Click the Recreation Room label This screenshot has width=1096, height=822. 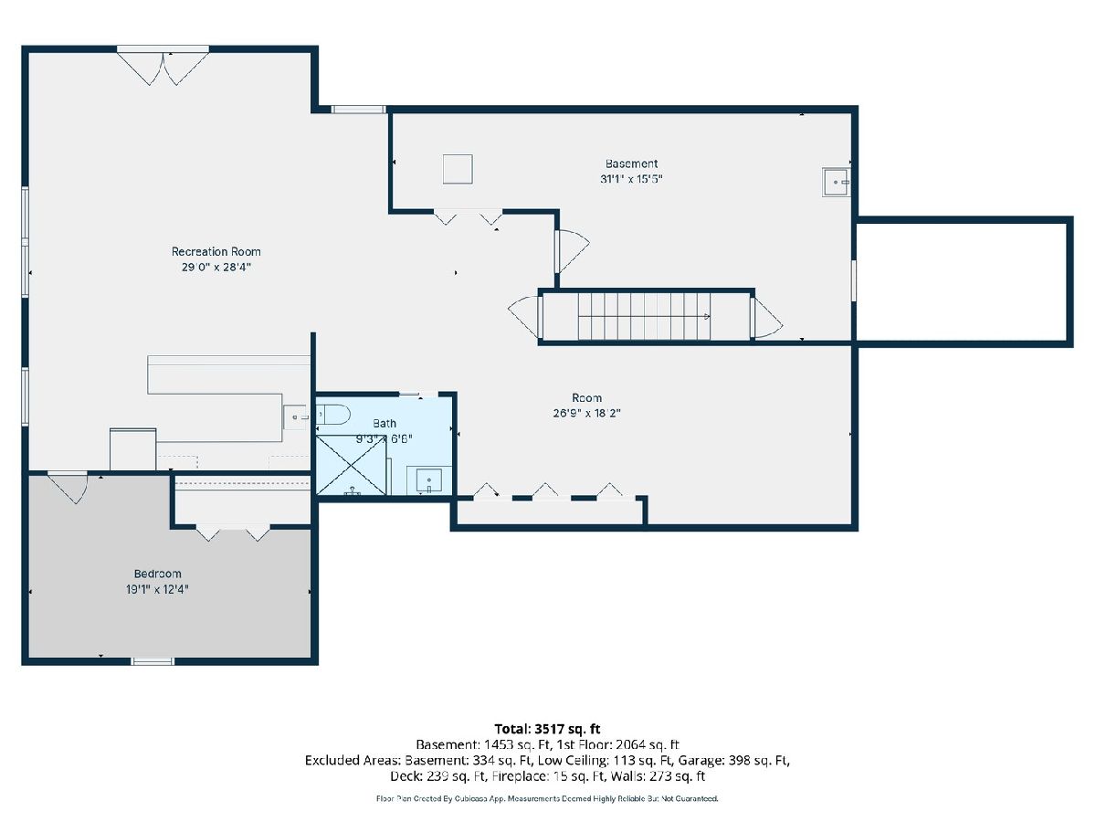(x=216, y=251)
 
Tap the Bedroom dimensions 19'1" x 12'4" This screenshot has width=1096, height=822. (x=157, y=589)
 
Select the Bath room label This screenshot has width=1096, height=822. (x=385, y=423)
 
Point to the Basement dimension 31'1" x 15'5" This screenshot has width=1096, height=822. (x=631, y=179)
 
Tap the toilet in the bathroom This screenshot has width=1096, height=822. (x=333, y=415)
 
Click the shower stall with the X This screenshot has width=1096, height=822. (x=351, y=465)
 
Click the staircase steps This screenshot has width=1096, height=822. (x=644, y=316)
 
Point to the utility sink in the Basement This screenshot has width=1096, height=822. (x=837, y=182)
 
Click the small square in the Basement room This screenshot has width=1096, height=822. (x=458, y=169)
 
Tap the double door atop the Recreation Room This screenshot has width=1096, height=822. (x=163, y=67)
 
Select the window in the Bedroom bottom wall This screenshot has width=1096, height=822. (x=153, y=661)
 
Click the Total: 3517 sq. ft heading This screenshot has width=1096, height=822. (x=547, y=729)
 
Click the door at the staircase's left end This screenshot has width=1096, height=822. (x=525, y=317)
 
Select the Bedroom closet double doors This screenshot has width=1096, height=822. (x=233, y=532)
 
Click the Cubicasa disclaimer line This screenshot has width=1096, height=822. (x=547, y=798)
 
